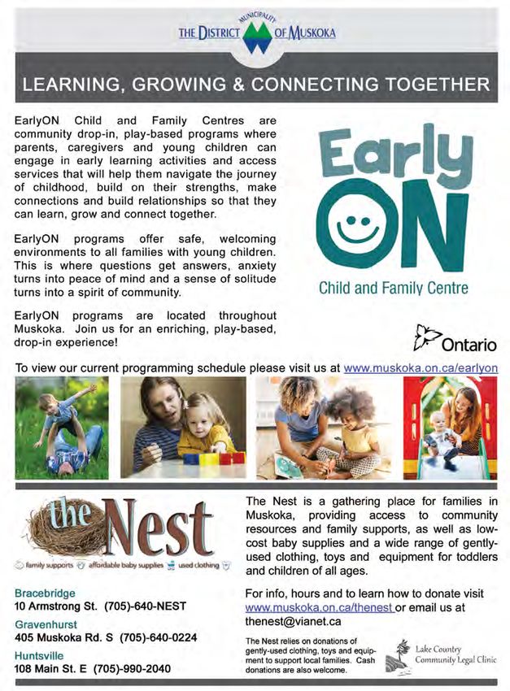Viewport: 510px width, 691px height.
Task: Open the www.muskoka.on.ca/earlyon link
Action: click(x=421, y=367)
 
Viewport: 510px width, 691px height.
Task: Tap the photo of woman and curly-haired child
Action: click(x=323, y=426)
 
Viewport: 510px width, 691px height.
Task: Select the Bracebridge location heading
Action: click(x=45, y=592)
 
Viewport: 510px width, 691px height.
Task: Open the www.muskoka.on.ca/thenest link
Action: click(x=319, y=607)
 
